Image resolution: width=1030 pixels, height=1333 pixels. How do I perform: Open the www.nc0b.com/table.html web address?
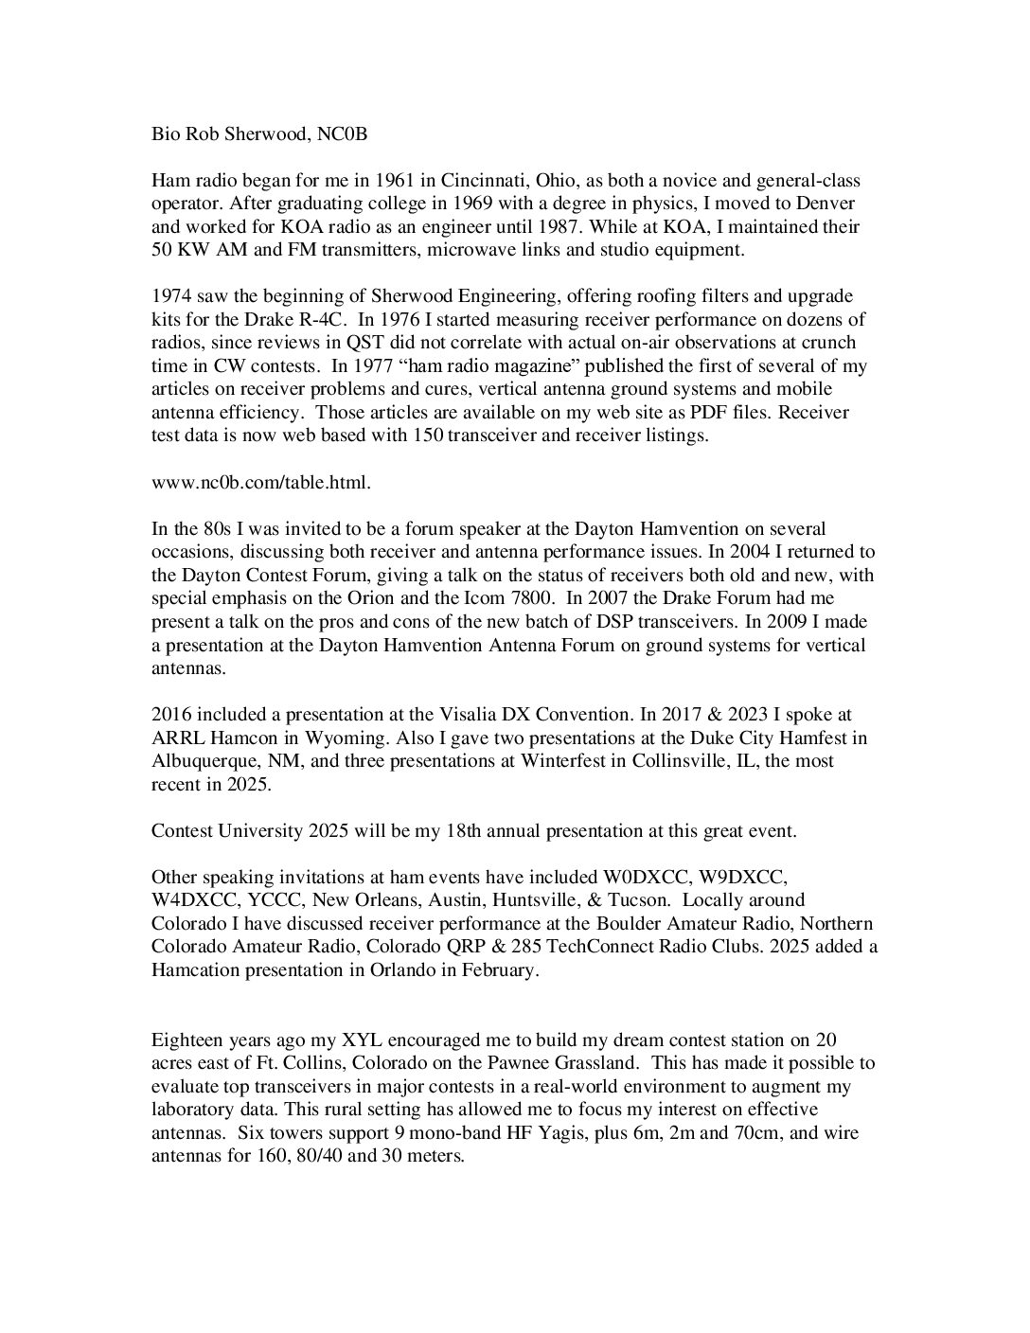pyautogui.click(x=261, y=482)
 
